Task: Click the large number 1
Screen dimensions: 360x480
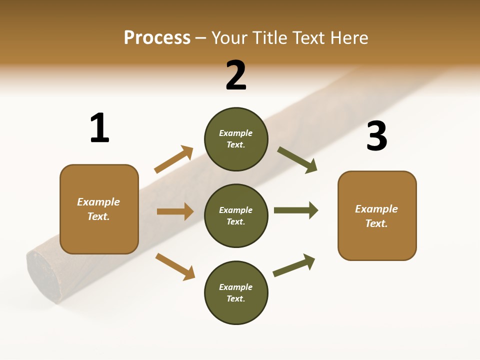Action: click(99, 128)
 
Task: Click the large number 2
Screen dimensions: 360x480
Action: click(236, 75)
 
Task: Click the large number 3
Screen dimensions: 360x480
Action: click(376, 136)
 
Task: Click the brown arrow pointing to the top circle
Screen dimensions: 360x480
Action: click(173, 159)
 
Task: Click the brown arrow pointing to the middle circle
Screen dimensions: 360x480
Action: click(175, 211)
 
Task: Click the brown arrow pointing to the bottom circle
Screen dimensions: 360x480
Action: click(175, 266)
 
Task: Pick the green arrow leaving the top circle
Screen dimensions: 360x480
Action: click(297, 159)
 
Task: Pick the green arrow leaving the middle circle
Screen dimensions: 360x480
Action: click(295, 210)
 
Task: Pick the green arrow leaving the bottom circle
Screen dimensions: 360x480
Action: click(294, 265)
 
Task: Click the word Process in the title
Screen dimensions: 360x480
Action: click(157, 37)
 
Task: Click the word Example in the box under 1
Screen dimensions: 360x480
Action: click(98, 202)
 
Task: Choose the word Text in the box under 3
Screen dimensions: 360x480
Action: click(376, 223)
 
